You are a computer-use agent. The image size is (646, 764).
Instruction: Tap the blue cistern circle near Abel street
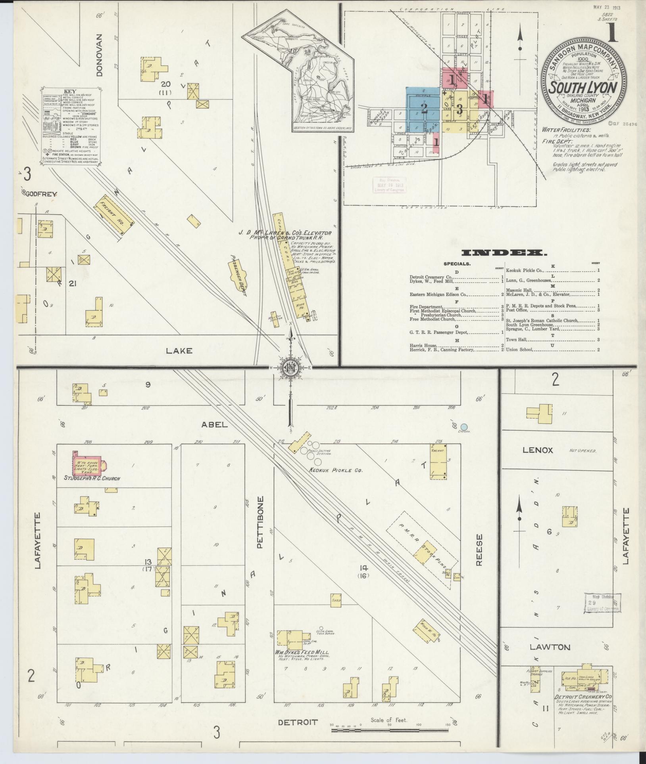(464, 426)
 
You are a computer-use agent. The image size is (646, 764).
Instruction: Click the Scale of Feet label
(389, 720)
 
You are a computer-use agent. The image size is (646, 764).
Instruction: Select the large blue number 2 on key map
(424, 108)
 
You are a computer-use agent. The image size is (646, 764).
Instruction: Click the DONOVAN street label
(99, 55)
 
